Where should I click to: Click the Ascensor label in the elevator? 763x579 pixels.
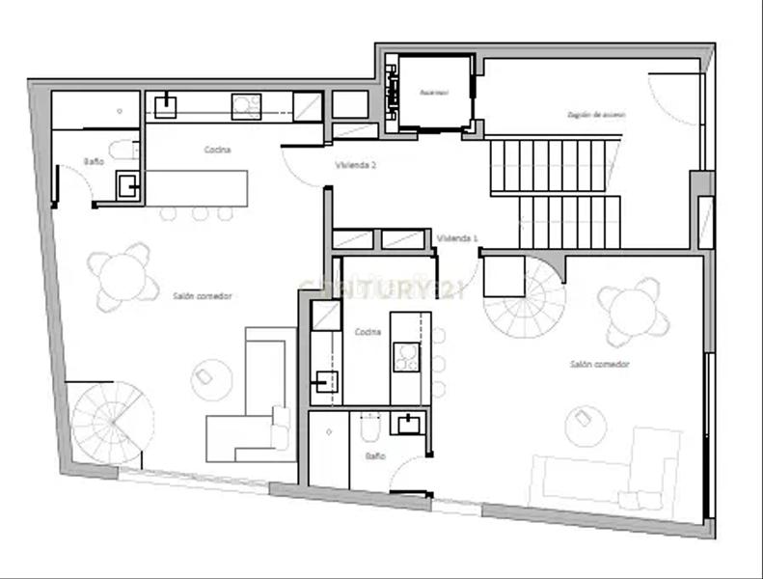pyautogui.click(x=434, y=93)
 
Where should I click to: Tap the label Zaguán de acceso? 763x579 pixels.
pyautogui.click(x=596, y=114)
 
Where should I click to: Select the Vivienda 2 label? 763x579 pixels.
pyautogui.click(x=355, y=165)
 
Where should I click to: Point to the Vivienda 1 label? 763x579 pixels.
pyautogui.click(x=456, y=237)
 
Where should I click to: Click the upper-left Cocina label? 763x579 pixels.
pyautogui.click(x=216, y=150)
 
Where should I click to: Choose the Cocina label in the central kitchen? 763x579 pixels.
pyautogui.click(x=368, y=332)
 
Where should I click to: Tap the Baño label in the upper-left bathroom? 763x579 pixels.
pyautogui.click(x=94, y=161)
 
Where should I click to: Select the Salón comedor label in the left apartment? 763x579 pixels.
pyautogui.click(x=203, y=295)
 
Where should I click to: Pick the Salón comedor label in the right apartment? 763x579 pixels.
pyautogui.click(x=599, y=364)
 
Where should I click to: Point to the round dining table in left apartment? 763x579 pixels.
pyautogui.click(x=123, y=276)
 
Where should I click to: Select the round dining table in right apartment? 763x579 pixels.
pyautogui.click(x=634, y=312)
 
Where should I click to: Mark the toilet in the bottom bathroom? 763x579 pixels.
pyautogui.click(x=368, y=426)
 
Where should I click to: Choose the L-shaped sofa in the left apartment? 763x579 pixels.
pyautogui.click(x=253, y=410)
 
